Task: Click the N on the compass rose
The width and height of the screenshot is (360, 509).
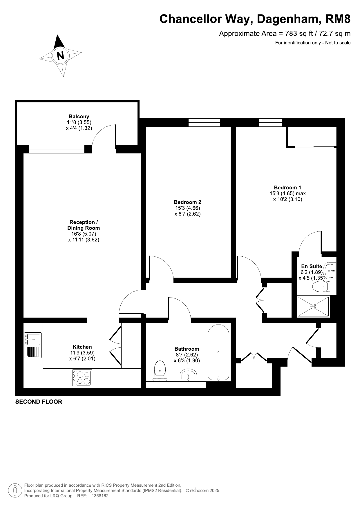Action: pyautogui.click(x=61, y=55)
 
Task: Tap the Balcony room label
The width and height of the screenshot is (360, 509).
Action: pyautogui.click(x=79, y=117)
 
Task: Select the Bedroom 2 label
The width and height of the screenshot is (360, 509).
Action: pyautogui.click(x=187, y=202)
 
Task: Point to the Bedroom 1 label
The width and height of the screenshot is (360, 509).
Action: pyautogui.click(x=287, y=187)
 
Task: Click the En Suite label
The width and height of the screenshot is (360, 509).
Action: pyautogui.click(x=312, y=266)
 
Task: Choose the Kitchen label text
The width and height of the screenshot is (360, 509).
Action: pyautogui.click(x=82, y=347)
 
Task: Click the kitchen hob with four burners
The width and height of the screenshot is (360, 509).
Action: pyautogui.click(x=82, y=378)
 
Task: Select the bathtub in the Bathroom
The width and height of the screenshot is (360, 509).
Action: pyautogui.click(x=218, y=353)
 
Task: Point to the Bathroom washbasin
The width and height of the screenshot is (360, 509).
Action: pyautogui.click(x=189, y=376)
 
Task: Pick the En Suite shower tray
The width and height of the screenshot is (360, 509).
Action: pyautogui.click(x=313, y=306)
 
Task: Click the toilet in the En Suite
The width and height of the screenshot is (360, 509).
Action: pyautogui.click(x=321, y=287)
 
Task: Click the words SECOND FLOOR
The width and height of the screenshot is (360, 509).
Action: pyautogui.click(x=39, y=402)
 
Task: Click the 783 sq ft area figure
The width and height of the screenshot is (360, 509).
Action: pyautogui.click(x=300, y=34)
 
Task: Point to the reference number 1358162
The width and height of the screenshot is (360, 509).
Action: pyautogui.click(x=100, y=496)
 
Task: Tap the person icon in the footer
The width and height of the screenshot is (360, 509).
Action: pyautogui.click(x=15, y=490)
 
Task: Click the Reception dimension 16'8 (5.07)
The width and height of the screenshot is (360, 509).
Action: pyautogui.click(x=84, y=234)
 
